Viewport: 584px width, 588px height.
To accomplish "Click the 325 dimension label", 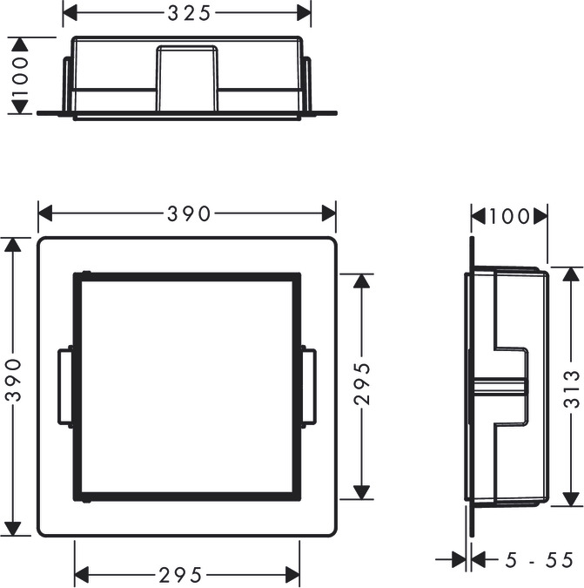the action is (189, 14).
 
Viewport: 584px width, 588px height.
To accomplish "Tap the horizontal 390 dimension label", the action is (189, 214).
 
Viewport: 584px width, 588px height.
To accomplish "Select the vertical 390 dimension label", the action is (15, 380).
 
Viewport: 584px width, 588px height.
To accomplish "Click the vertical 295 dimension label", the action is (362, 383).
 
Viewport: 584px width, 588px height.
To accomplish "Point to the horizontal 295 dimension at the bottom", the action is (180, 575).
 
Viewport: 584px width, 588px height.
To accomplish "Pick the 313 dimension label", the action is (571, 389).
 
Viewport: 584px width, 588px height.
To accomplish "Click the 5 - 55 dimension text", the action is (539, 560).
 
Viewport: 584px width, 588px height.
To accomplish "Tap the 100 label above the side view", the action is (509, 216).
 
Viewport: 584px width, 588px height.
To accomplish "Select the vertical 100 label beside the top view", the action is (19, 76).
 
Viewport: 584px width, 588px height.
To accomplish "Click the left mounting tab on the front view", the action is (65, 387).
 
